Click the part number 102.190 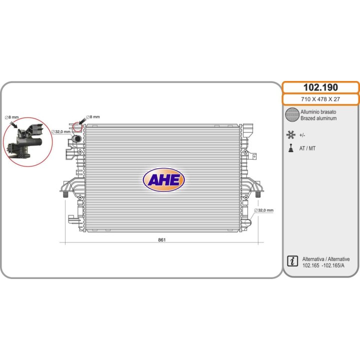click(320, 87)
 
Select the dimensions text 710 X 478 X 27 click(320, 99)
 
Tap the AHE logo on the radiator click(163, 180)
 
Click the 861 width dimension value click(161, 239)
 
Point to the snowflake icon click(290, 135)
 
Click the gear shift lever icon click(291, 148)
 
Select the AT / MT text click(307, 148)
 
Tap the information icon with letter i click(292, 261)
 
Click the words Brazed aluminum click(318, 118)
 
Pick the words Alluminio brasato click(318, 112)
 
